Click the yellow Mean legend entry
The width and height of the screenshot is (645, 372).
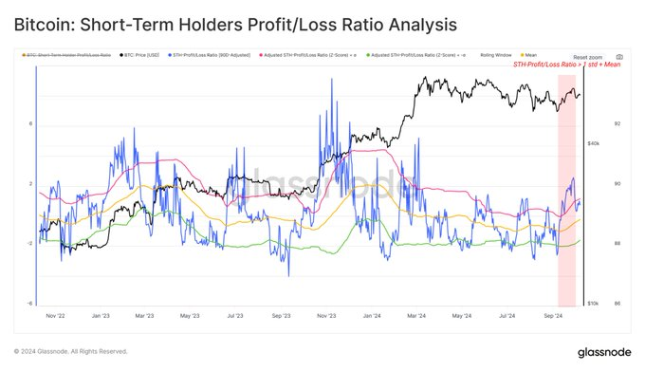click(532, 56)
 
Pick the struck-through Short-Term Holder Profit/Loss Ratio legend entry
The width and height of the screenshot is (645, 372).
click(71, 56)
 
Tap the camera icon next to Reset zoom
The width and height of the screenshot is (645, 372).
click(619, 57)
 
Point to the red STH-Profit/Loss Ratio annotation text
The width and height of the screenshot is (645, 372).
click(566, 65)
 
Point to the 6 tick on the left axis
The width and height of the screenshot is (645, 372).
click(31, 123)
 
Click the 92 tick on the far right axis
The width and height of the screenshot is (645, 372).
click(618, 123)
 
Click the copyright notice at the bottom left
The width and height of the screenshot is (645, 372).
click(71, 350)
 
